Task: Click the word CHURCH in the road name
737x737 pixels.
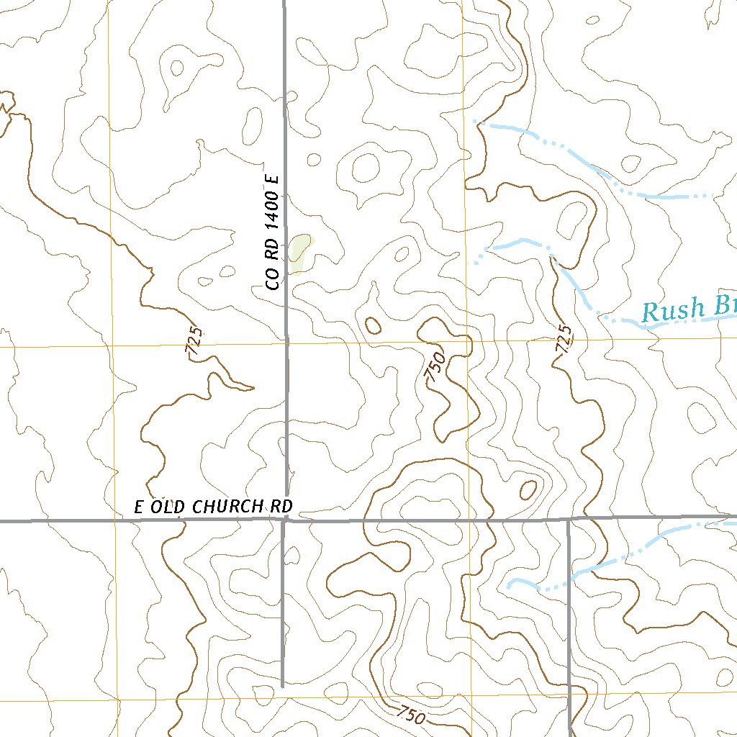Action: (x=228, y=507)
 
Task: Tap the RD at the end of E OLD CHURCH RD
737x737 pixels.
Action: (x=281, y=507)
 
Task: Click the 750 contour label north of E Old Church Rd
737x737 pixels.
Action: (x=434, y=367)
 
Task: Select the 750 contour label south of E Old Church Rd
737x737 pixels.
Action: (x=410, y=715)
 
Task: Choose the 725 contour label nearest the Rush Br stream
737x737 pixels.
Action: (x=564, y=339)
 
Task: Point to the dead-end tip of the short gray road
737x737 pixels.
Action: (x=282, y=685)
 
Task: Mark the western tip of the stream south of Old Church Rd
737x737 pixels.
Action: (x=509, y=585)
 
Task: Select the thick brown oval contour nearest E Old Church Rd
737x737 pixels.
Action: (x=528, y=490)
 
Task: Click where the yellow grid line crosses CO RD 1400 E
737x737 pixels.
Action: (x=286, y=345)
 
